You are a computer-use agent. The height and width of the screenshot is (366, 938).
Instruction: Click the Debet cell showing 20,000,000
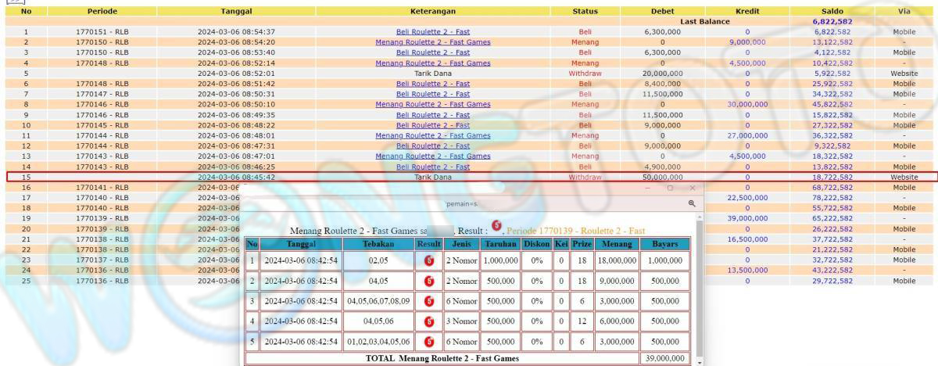[661, 73]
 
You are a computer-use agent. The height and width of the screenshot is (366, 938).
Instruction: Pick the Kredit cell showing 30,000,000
[747, 104]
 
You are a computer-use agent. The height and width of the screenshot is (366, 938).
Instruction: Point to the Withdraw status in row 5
[585, 73]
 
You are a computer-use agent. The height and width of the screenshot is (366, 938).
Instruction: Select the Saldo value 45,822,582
[832, 104]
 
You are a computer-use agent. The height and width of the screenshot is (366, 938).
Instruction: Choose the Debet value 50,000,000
[661, 178]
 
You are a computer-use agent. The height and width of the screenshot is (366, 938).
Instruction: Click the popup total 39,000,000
[664, 358]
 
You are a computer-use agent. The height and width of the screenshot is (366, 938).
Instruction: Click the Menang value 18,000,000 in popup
[615, 260]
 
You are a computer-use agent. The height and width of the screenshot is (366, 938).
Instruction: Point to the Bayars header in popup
[664, 244]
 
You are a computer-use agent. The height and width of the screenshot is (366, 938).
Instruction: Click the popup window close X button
[692, 188]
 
